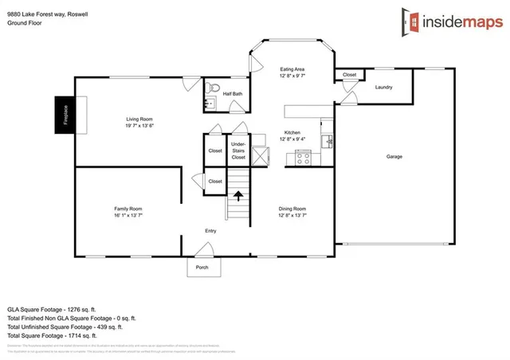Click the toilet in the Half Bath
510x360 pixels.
209,87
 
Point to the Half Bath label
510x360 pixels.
233,94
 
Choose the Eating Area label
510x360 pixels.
292,68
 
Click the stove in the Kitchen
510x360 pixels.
303,157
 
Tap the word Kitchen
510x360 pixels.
292,132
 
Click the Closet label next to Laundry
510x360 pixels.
350,75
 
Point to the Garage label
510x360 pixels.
394,156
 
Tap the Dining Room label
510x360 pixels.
292,209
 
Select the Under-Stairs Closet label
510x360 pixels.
238,151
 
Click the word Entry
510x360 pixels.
210,231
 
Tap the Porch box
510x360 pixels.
202,267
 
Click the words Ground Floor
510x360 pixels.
24,24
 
